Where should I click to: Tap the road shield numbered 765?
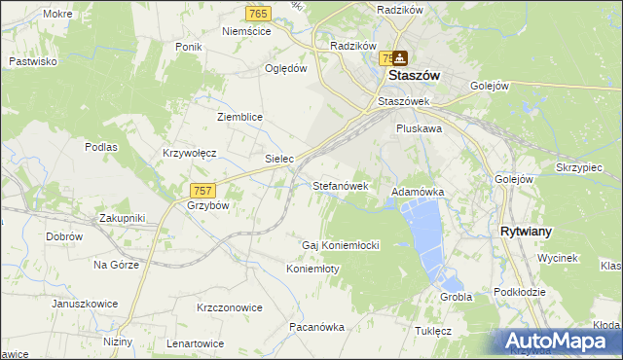point(258,14)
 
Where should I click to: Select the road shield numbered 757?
point(203,191)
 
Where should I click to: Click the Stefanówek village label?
point(341,185)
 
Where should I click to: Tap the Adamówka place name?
point(418,193)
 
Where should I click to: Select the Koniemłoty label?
point(312,269)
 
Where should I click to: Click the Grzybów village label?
point(207,206)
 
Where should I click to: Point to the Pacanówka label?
point(317,327)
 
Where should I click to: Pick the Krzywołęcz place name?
point(189,154)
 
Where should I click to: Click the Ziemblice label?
point(239,117)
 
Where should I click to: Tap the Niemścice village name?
point(246,31)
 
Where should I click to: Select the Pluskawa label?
point(420,127)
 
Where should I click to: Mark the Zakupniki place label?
point(122,218)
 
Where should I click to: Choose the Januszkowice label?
point(85,304)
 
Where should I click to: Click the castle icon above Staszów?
point(400,58)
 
